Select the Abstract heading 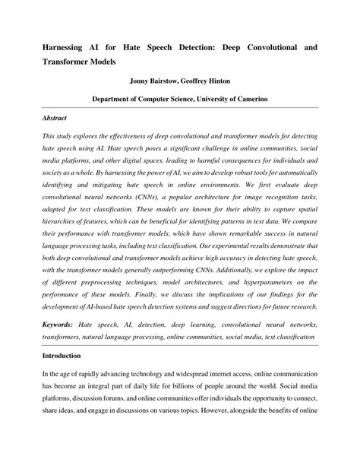click(x=55, y=118)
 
